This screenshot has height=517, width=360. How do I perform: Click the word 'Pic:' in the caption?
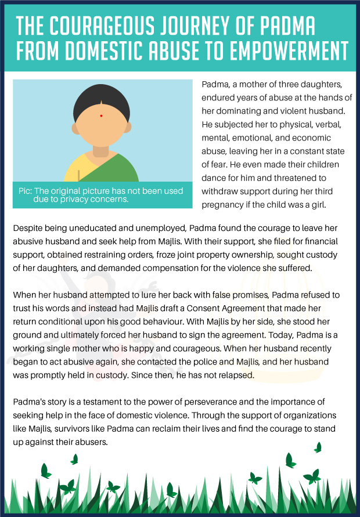tap(28, 191)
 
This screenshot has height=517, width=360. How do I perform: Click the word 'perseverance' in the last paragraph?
tap(200, 402)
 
